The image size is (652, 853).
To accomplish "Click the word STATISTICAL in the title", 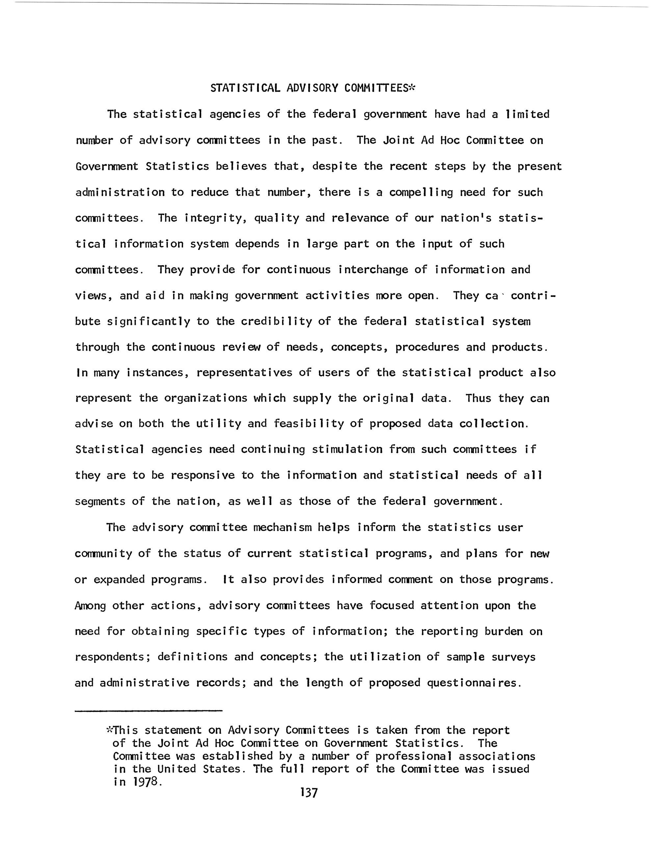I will coord(245,88).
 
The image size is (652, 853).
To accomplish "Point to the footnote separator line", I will coord(149,711).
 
